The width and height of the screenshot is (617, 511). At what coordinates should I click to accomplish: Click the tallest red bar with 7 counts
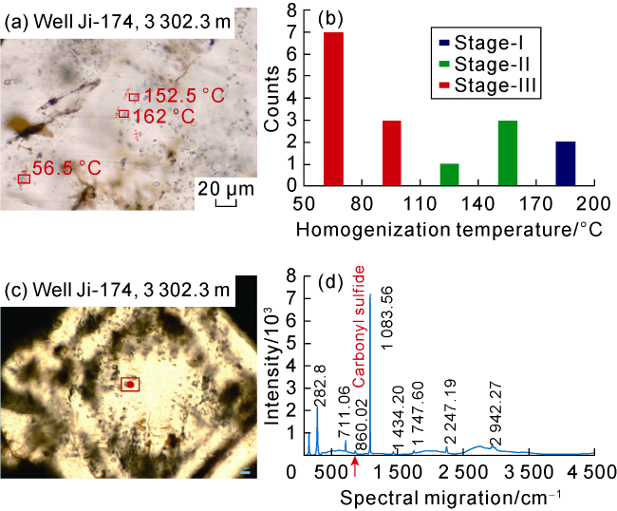pyautogui.click(x=333, y=109)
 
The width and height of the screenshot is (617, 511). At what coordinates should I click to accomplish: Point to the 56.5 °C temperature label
pyautogui.click(x=66, y=168)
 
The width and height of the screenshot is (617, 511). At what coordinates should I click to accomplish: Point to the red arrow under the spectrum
pyautogui.click(x=355, y=464)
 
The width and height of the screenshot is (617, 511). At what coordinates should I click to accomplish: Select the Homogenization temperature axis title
pyautogui.click(x=448, y=230)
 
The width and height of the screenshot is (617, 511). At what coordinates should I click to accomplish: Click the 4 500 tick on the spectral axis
pyautogui.click(x=594, y=472)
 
